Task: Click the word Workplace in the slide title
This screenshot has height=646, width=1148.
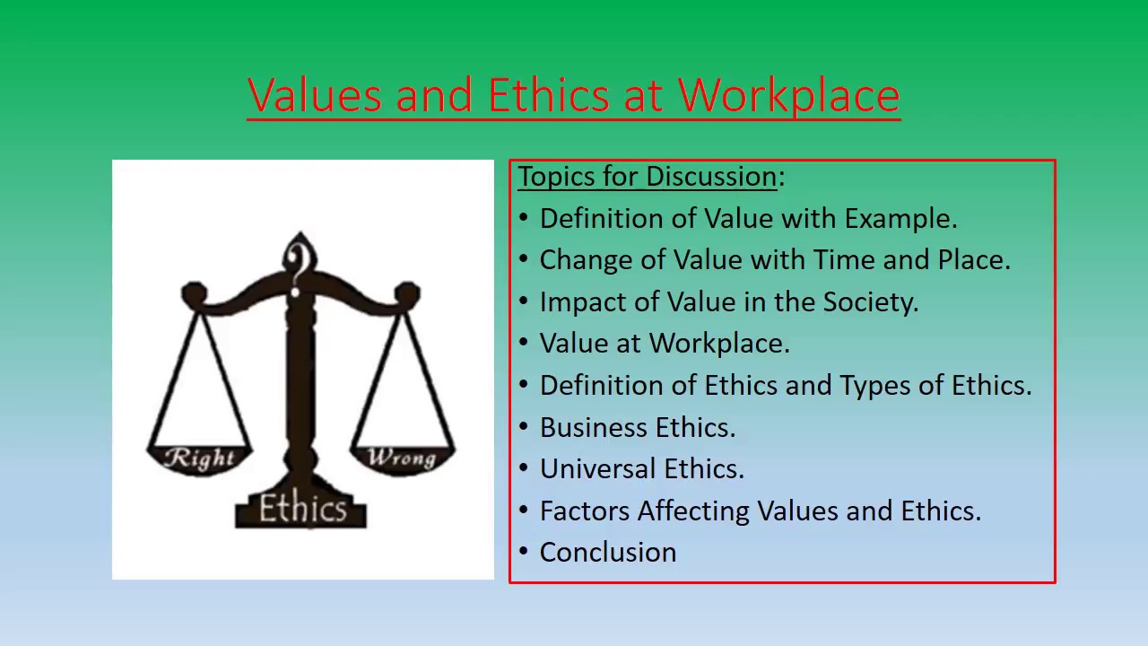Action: coord(788,96)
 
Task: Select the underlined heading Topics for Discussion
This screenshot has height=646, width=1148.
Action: coord(647,177)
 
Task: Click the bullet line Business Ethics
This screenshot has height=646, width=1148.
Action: coord(637,428)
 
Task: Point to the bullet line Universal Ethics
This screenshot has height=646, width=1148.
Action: coord(641,469)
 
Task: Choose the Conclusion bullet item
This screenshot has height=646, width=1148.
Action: coord(608,553)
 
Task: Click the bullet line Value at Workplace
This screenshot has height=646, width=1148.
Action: coord(664,344)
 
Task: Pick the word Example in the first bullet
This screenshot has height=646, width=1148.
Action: coord(900,219)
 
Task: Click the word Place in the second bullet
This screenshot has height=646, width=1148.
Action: coord(973,260)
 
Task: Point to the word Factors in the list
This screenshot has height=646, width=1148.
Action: coord(585,511)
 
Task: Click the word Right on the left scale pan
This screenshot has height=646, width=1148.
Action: coord(200,458)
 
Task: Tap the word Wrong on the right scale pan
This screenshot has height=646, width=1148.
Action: coord(402,458)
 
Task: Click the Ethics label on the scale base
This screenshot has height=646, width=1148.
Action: coord(302,510)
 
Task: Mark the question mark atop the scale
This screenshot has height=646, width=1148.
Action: coord(300,261)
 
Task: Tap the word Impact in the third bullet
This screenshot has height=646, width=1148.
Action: coord(583,302)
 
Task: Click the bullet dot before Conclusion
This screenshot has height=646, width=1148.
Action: coord(524,553)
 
